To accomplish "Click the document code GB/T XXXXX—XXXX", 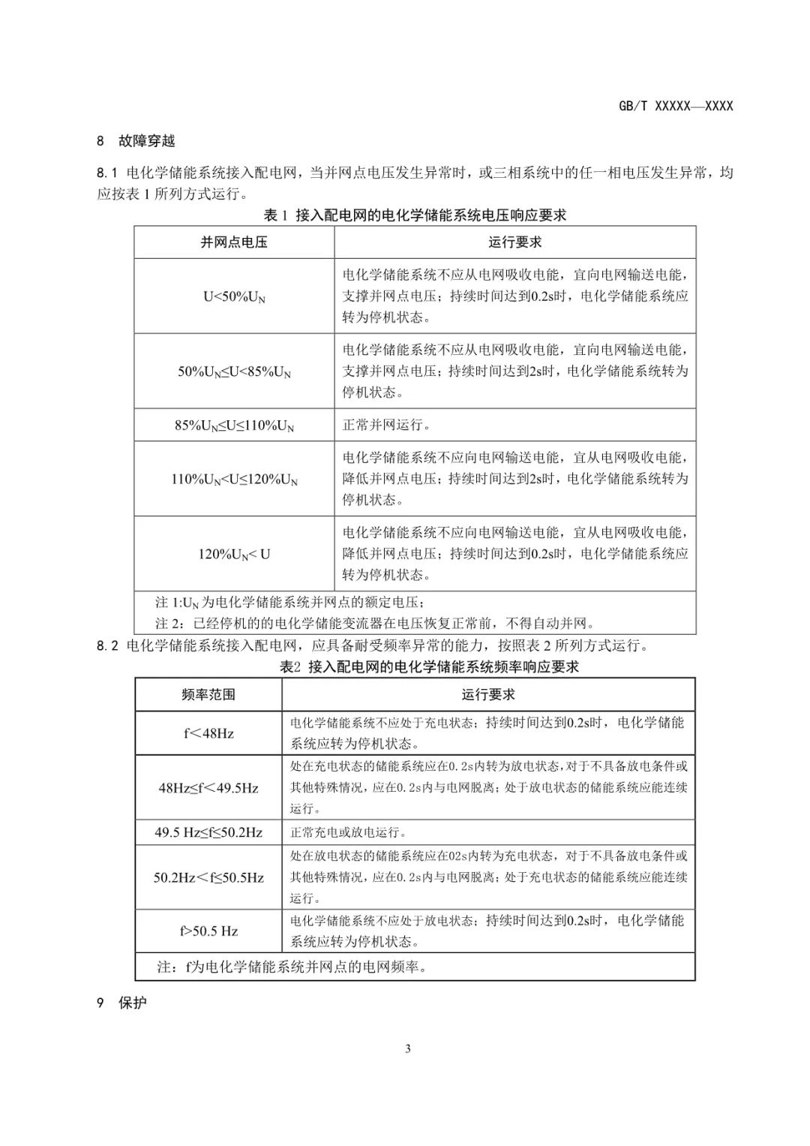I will coord(675,106).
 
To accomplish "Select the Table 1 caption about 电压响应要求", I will coord(415,215).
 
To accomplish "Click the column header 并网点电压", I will coord(234,242).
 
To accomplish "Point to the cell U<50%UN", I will coord(234,296).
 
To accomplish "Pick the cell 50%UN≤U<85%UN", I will coord(234,371).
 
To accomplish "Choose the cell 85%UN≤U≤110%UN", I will coord(234,426).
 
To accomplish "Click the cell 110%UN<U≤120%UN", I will coord(234,479).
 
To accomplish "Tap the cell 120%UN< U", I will coord(234,555).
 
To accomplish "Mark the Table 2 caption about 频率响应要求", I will coord(429,666).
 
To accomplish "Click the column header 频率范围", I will coord(208,695).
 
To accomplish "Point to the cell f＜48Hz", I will coord(208,733).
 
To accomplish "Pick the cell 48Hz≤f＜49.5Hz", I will coord(208,788).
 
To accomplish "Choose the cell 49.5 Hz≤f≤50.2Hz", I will coord(208,832).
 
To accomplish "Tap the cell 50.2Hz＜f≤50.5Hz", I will coord(208,877).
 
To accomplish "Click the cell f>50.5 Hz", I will coord(208,931).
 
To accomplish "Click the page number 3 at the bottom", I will coord(407,1049).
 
